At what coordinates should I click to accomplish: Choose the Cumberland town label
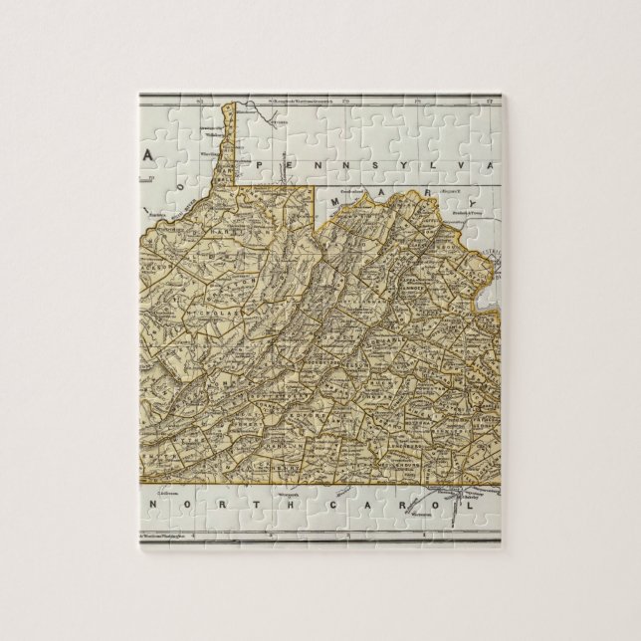tap(354, 186)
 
